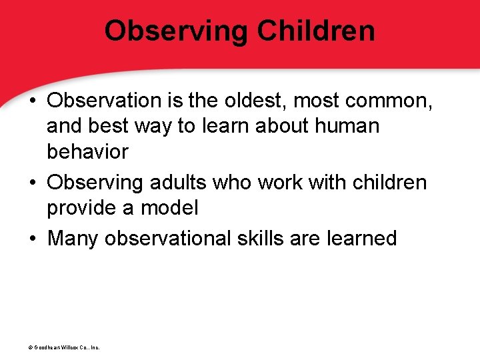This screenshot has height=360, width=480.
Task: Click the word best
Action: point(111,126)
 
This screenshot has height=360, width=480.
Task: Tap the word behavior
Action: point(87,151)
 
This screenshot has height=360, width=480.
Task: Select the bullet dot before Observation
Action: point(33,101)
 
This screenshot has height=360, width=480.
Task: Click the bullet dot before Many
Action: point(33,239)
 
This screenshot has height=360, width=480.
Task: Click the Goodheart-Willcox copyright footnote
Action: point(59,347)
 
